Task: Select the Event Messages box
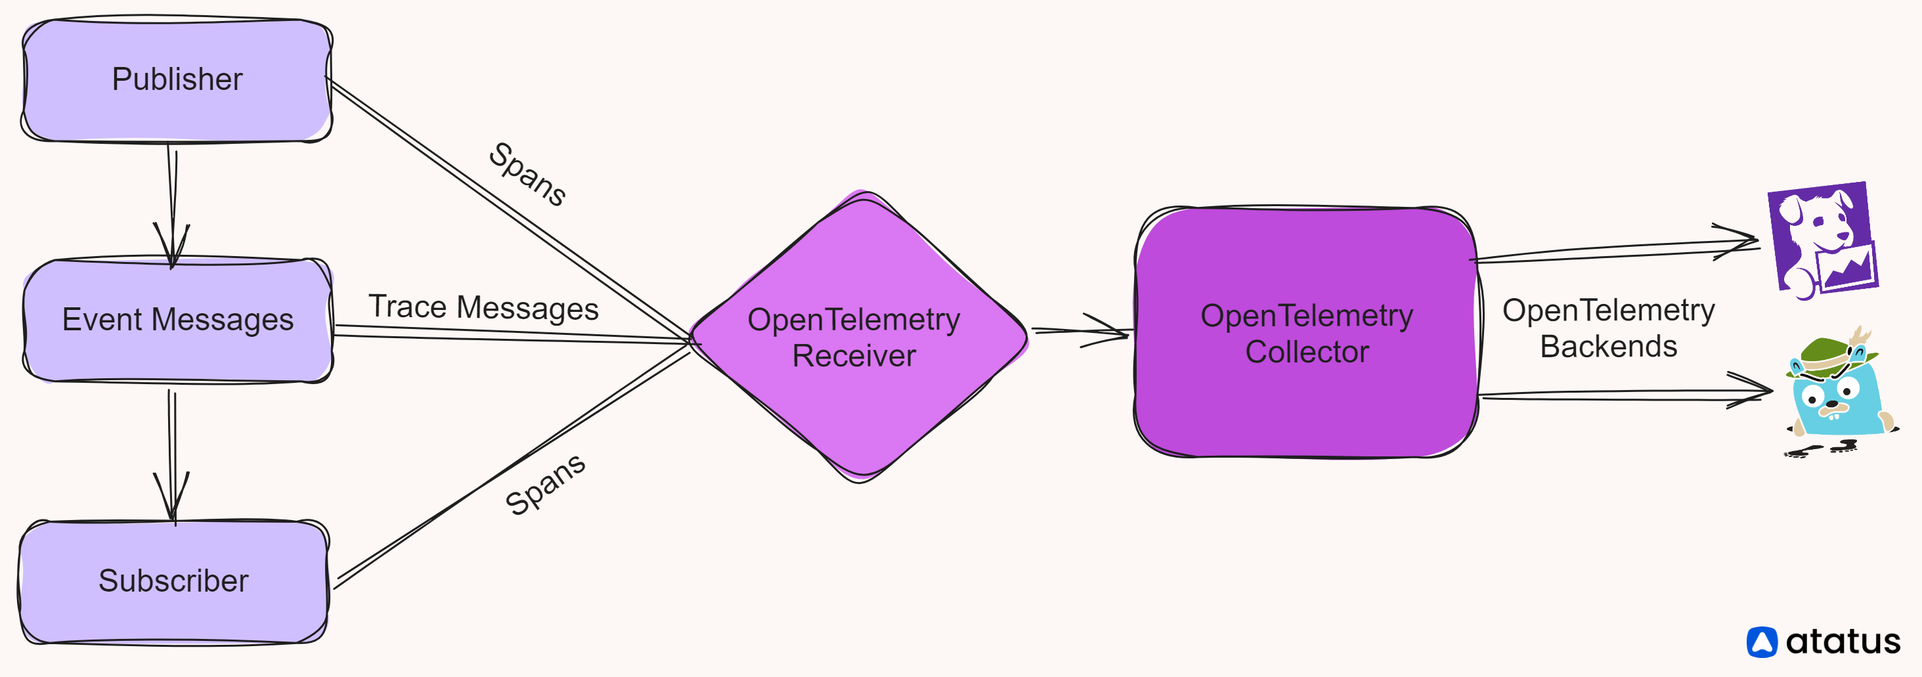(177, 320)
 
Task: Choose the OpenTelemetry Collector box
(1305, 332)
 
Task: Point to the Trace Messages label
(483, 307)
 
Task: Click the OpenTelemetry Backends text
(1608, 328)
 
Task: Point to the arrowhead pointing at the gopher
(1753, 389)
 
